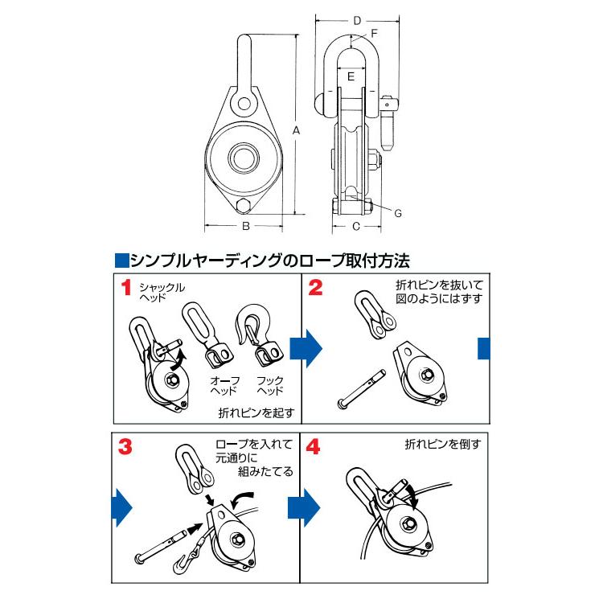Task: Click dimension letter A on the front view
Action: coord(297,129)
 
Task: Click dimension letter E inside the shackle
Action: coord(351,76)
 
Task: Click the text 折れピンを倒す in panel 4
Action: coord(441,444)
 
